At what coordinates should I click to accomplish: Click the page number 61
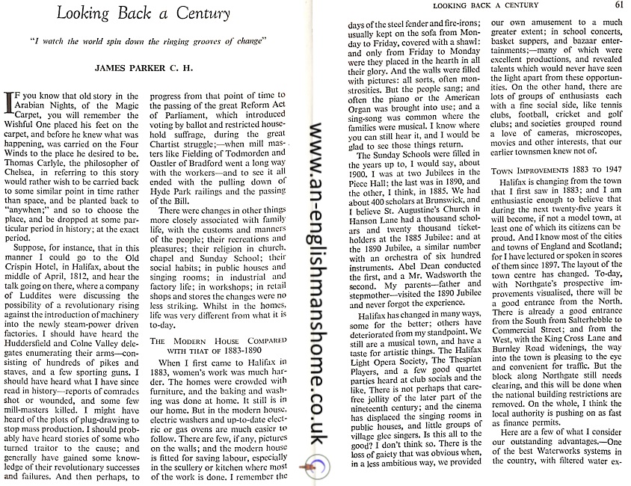coord(618,5)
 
